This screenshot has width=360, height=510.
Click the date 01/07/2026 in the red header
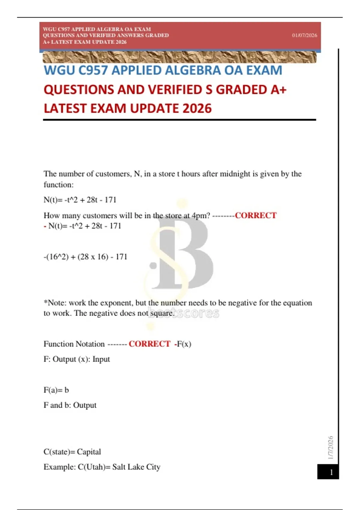click(304, 35)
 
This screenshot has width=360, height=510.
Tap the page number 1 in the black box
click(331, 472)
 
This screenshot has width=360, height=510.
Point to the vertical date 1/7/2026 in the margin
click(330, 448)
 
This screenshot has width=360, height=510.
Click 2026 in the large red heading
click(196, 109)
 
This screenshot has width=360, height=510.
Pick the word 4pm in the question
click(201, 216)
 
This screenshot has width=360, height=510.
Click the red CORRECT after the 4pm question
click(256, 215)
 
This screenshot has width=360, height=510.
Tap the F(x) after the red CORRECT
click(184, 344)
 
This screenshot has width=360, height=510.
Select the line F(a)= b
click(56, 390)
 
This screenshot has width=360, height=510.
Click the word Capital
click(89, 452)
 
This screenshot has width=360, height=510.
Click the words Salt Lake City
click(136, 467)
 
